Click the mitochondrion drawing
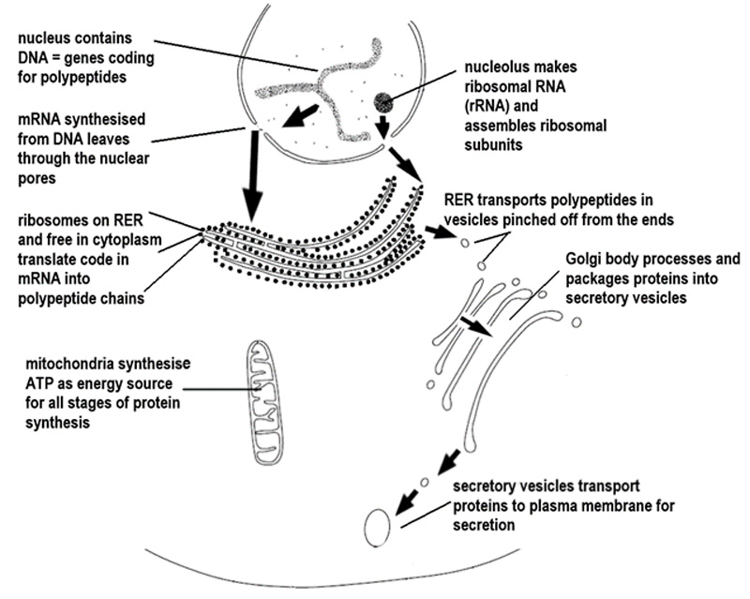pyautogui.click(x=269, y=402)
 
